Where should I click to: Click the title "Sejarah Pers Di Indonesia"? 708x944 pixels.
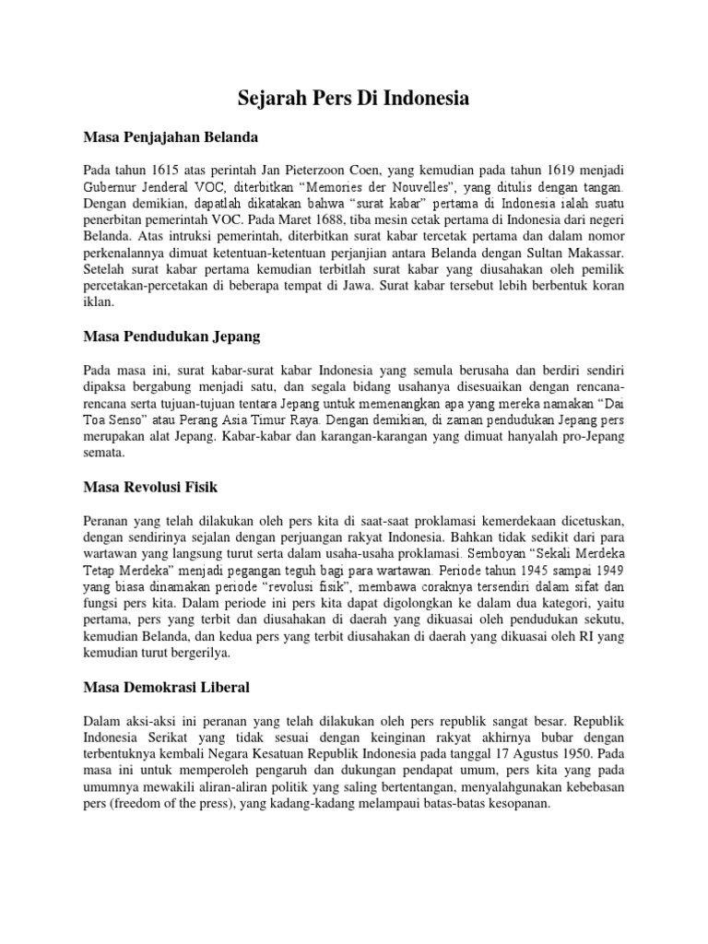[354, 98]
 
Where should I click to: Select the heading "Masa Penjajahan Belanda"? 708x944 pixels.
[171, 137]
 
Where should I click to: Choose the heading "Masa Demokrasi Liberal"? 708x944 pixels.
[167, 687]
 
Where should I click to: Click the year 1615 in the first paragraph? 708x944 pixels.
[163, 171]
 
